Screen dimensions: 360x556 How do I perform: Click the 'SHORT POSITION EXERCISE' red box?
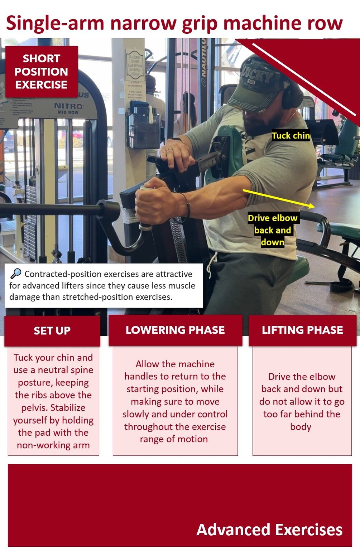(x=42, y=72)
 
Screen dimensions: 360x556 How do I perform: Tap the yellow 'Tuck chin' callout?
(x=291, y=136)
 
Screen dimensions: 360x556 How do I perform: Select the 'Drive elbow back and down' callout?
(x=273, y=230)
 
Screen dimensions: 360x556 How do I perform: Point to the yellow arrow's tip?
(x=315, y=207)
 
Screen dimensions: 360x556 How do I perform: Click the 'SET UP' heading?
(x=52, y=330)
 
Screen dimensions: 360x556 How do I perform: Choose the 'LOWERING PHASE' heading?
(x=175, y=330)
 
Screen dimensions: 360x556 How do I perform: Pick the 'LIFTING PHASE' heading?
(x=302, y=330)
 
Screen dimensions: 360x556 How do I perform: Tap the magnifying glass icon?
(x=16, y=274)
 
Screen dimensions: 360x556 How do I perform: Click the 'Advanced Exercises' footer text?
(x=269, y=530)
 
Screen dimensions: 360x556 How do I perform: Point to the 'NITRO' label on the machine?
(x=68, y=106)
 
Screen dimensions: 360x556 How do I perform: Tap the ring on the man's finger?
(x=169, y=150)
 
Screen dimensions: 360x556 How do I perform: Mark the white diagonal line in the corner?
(x=304, y=79)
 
